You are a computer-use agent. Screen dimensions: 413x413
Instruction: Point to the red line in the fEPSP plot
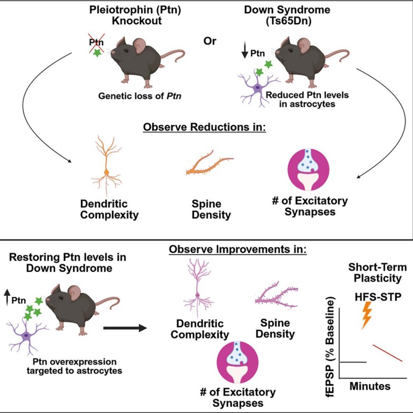(x=388, y=353)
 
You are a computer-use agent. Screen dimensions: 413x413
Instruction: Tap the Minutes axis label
(x=370, y=386)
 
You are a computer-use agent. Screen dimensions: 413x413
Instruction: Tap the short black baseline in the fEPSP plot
(x=353, y=362)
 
